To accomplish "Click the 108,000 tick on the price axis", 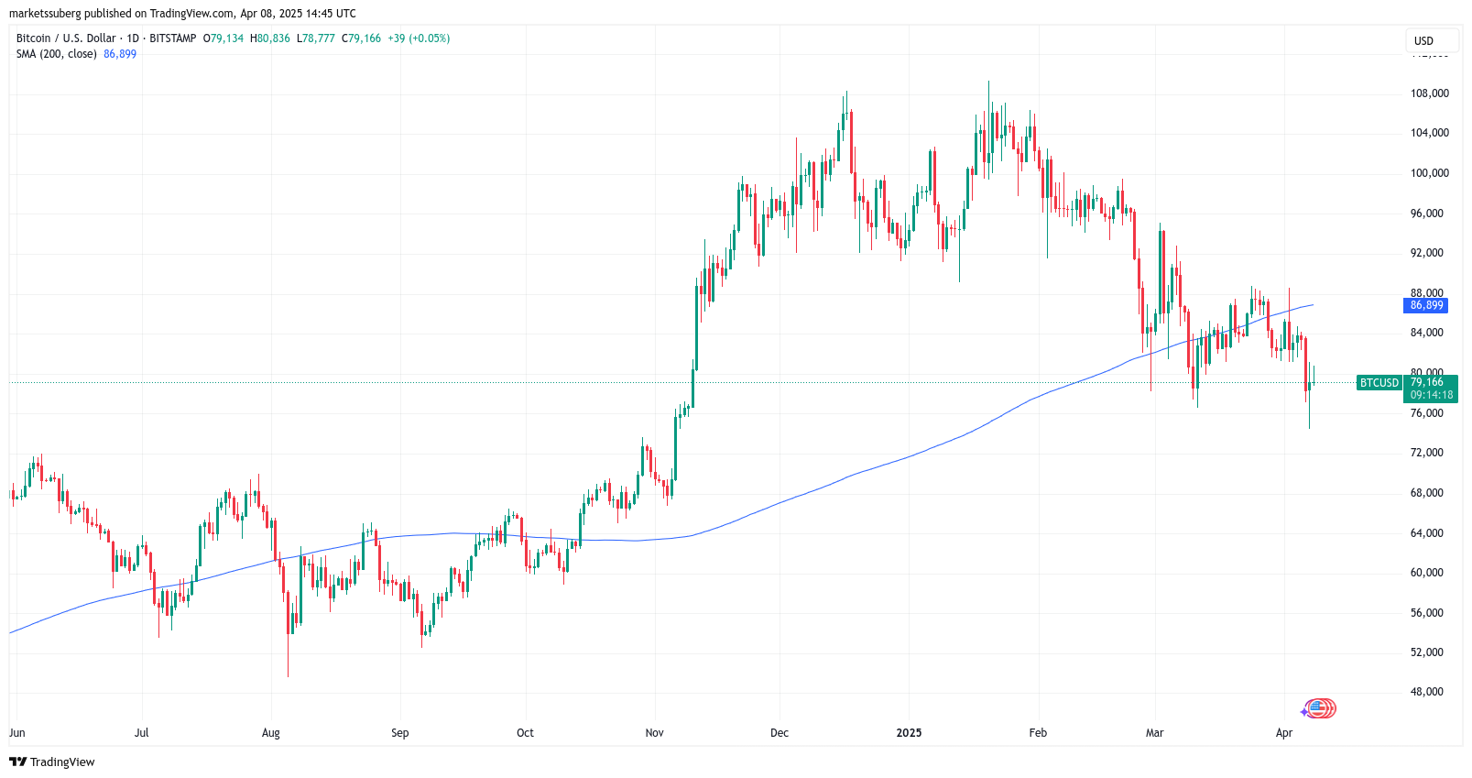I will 1429,93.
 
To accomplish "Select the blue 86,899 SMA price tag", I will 1425,305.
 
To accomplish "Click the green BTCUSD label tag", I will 1379,383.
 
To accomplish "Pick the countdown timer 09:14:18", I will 1431,395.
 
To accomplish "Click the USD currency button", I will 1423,41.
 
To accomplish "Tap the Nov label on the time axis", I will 654,733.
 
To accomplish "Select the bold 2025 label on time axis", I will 909,733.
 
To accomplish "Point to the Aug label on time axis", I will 270,733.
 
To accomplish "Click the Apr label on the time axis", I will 1284,733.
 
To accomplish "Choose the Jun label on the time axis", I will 17,733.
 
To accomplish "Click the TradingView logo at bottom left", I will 52,762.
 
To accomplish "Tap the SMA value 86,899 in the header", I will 120,54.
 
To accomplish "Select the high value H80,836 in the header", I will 270,38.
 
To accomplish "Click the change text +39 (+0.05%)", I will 419,38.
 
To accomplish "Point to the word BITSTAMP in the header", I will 172,38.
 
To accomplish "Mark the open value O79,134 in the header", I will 224,38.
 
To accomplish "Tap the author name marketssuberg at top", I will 45,14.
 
